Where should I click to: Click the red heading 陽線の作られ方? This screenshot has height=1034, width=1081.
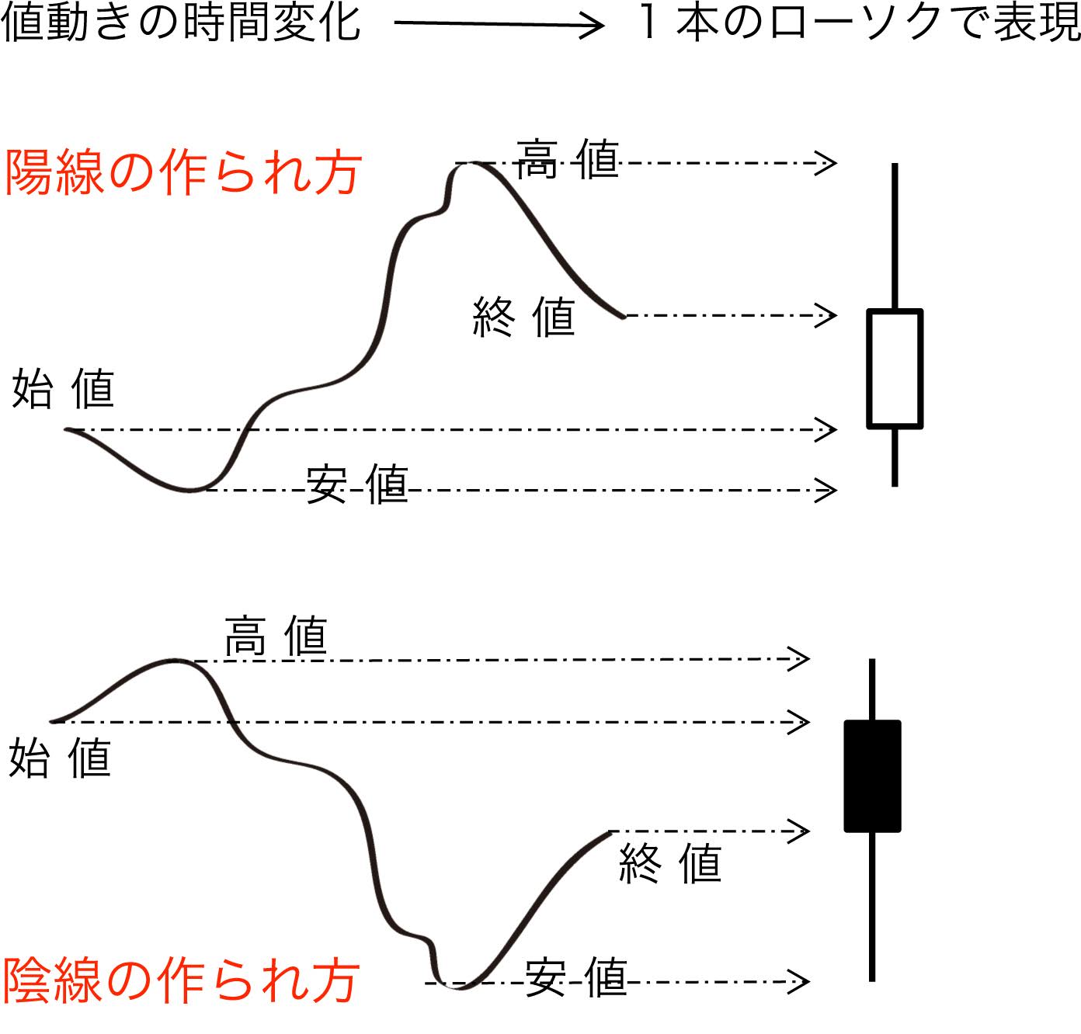182,172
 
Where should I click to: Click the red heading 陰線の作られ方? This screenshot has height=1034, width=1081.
180,980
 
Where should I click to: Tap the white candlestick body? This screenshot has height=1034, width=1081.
895,369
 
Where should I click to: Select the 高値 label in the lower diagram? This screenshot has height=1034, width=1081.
276,637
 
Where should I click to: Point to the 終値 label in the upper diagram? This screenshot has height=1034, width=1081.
523,317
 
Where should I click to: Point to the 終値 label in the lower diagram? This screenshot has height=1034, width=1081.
670,863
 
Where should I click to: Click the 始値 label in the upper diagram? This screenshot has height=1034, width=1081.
63,389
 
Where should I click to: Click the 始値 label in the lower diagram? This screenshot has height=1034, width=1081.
60,758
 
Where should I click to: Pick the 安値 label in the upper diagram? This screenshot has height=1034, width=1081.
357,484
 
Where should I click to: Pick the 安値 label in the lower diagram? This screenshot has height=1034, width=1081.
576,977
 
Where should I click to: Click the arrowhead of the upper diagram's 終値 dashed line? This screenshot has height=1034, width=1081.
828,315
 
